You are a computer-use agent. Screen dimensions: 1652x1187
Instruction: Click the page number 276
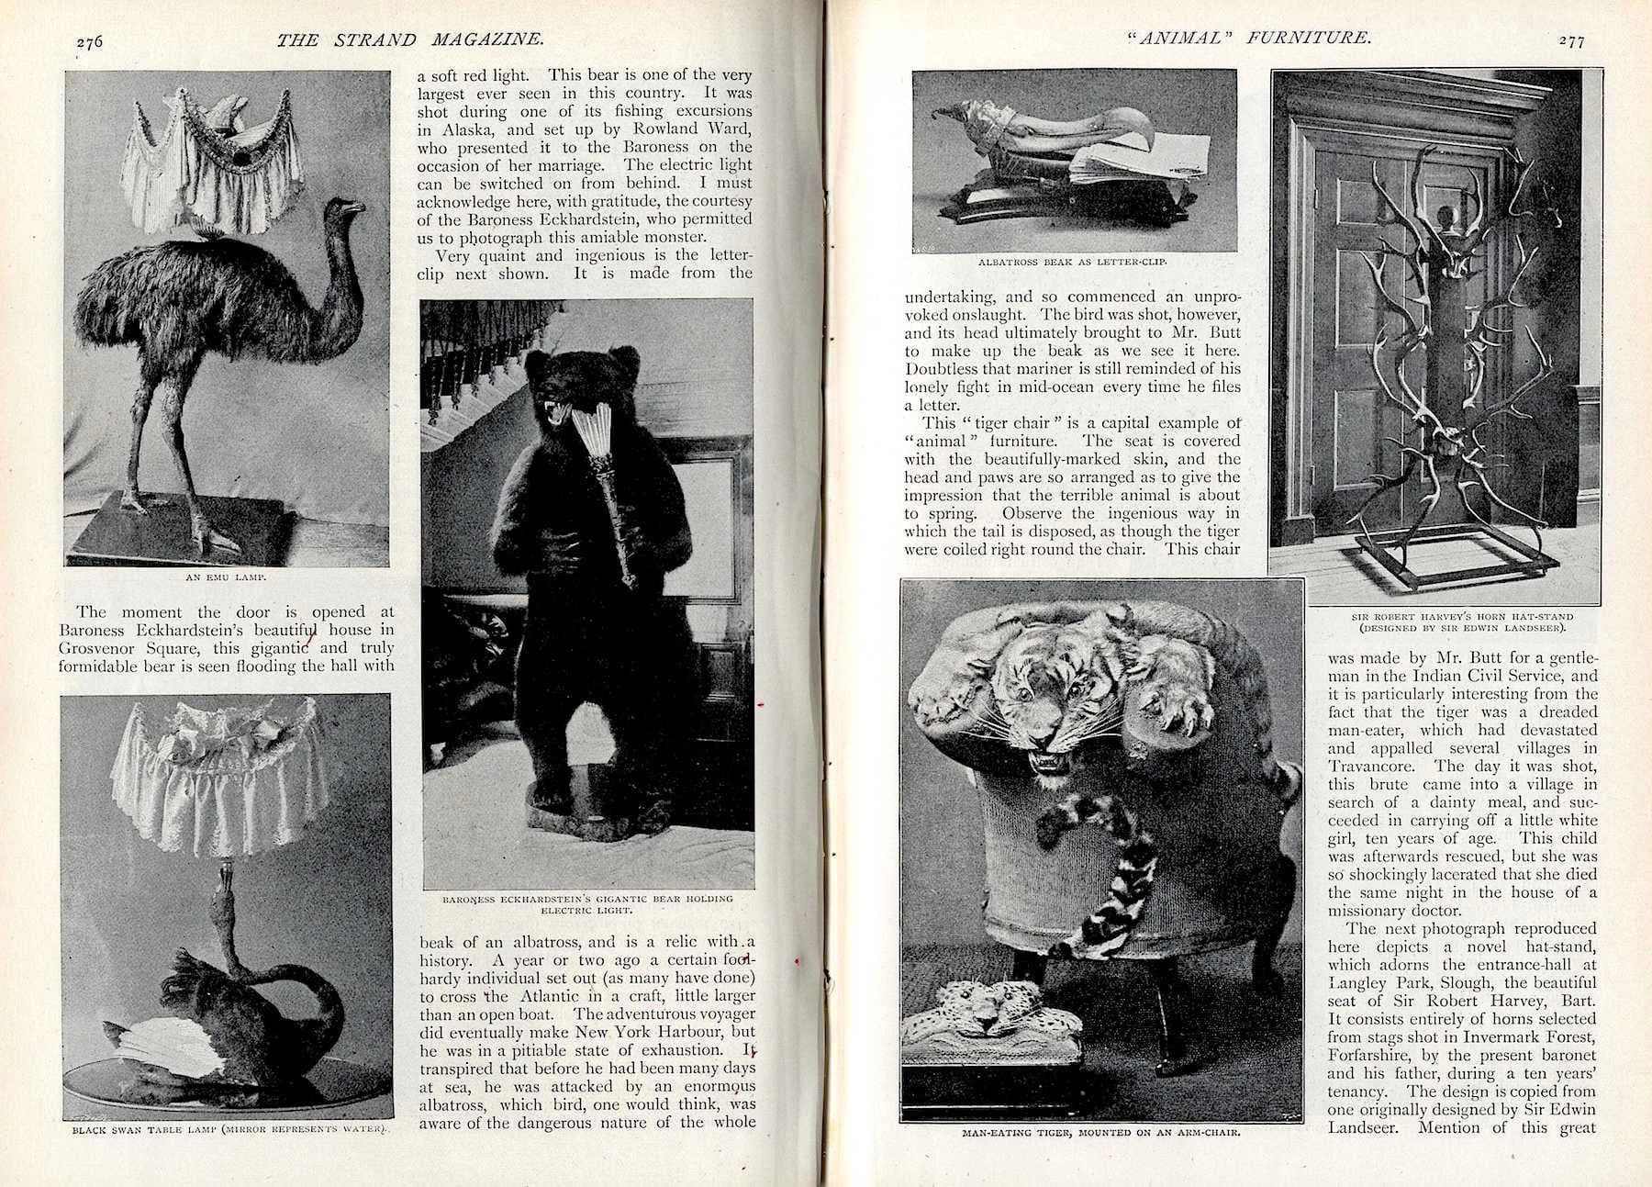coord(90,41)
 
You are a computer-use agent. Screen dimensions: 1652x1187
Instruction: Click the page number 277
coord(1571,40)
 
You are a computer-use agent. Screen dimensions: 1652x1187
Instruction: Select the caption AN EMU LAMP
coord(226,578)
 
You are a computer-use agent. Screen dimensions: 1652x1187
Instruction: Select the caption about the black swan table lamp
coord(229,1129)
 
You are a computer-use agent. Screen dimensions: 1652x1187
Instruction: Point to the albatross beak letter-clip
coord(1065,170)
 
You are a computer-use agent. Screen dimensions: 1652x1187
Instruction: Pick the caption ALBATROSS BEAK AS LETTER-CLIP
coord(1073,262)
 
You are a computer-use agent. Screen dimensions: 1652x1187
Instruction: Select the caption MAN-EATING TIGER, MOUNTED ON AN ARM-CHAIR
coord(1101,1132)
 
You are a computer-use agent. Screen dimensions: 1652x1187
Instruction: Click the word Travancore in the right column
coord(1373,766)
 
